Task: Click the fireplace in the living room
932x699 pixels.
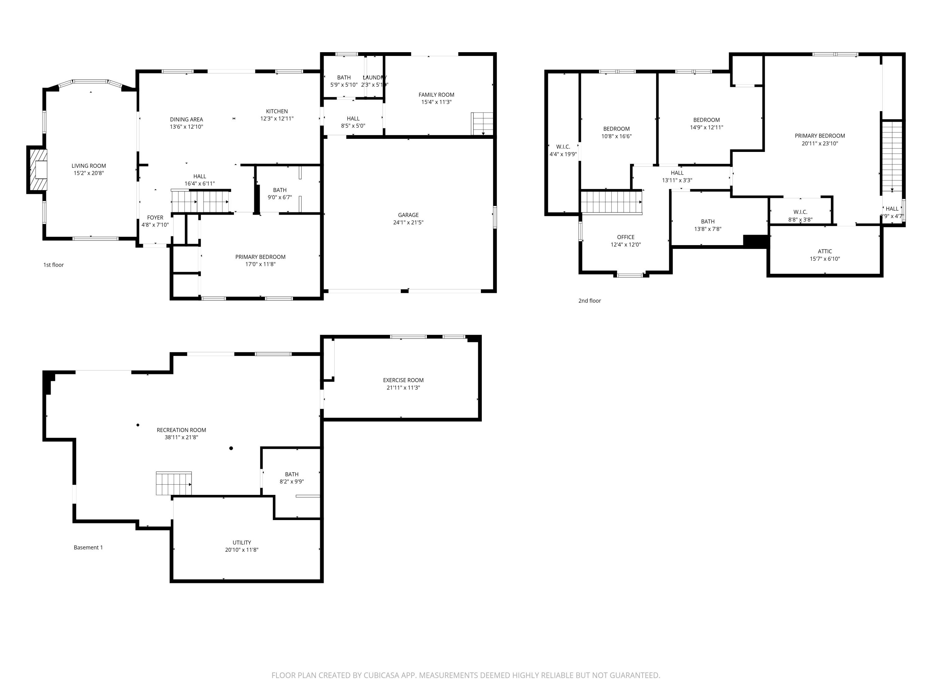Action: [x=38, y=170]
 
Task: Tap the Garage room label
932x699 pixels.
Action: [x=408, y=215]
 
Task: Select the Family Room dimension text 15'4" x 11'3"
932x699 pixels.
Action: [x=436, y=102]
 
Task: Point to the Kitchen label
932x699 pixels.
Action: [x=277, y=111]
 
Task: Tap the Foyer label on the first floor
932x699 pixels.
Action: [x=155, y=217]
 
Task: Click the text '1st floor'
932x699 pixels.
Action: [x=53, y=265]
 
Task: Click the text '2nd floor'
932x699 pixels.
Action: [x=589, y=300]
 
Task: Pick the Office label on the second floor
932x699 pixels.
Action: [x=625, y=237]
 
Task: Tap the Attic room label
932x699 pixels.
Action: [x=825, y=251]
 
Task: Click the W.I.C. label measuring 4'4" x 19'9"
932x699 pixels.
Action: [x=563, y=150]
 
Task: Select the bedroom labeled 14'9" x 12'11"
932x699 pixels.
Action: [x=706, y=123]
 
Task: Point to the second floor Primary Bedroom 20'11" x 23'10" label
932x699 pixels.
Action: [x=820, y=139]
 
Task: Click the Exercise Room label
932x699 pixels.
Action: [x=403, y=380]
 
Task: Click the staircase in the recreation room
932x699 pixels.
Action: [x=174, y=483]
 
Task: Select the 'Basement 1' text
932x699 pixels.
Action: [x=88, y=547]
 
